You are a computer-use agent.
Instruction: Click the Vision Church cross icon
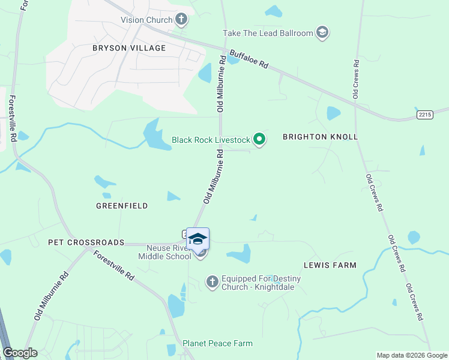click(x=181, y=20)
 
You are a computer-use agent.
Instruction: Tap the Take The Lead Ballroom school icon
click(x=322, y=32)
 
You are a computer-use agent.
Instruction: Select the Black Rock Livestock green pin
click(x=259, y=140)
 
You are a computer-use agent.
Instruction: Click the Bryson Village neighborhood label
click(x=129, y=48)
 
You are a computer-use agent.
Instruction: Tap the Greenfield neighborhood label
click(x=122, y=206)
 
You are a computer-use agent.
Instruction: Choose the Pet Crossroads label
click(x=86, y=242)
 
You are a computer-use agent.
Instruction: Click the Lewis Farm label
click(x=330, y=265)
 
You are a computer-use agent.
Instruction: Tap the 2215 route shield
click(x=424, y=114)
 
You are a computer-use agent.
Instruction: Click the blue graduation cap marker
click(x=197, y=239)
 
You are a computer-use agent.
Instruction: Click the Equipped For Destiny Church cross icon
click(x=212, y=281)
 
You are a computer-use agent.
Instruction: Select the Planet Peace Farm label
click(x=217, y=343)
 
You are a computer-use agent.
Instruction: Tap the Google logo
click(x=20, y=353)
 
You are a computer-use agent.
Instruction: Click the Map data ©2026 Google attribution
click(x=411, y=355)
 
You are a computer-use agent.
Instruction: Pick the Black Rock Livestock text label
click(x=210, y=140)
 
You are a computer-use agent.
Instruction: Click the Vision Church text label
click(x=146, y=20)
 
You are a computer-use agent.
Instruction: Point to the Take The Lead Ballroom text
click(x=268, y=33)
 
